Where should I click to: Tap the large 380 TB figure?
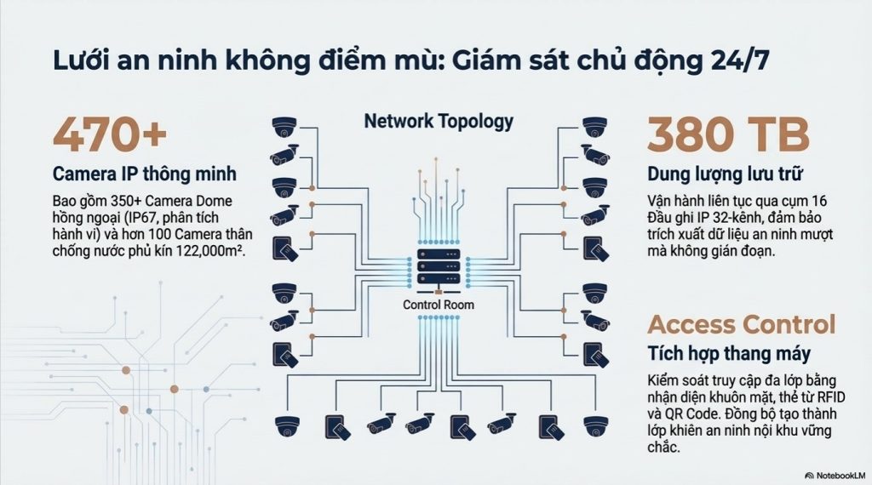[727, 134]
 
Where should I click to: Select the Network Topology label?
[439, 120]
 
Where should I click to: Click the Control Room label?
[439, 305]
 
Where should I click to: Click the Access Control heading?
[742, 324]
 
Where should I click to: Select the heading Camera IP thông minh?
[145, 174]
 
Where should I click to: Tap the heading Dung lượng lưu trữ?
[726, 174]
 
